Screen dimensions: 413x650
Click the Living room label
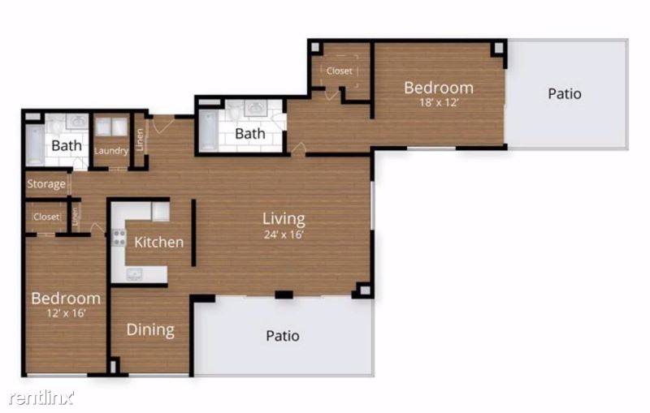pyautogui.click(x=284, y=218)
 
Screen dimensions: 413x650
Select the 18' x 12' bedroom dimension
pyautogui.click(x=439, y=103)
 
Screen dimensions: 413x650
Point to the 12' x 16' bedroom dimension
pyautogui.click(x=65, y=312)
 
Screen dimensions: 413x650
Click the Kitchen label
pyautogui.click(x=158, y=242)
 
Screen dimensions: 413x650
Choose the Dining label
pyautogui.click(x=150, y=329)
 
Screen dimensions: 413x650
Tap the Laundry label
pyautogui.click(x=111, y=151)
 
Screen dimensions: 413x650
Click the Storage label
pyautogui.click(x=46, y=184)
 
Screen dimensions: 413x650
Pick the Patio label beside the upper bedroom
pyautogui.click(x=564, y=93)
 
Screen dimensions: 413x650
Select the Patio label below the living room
pyautogui.click(x=283, y=335)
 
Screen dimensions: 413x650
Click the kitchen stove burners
pyautogui.click(x=119, y=238)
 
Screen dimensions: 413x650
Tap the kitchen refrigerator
pyautogui.click(x=160, y=212)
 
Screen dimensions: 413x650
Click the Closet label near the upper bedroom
pyautogui.click(x=340, y=71)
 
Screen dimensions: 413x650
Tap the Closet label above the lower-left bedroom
pyautogui.click(x=46, y=217)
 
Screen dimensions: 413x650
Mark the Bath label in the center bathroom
pyautogui.click(x=250, y=133)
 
